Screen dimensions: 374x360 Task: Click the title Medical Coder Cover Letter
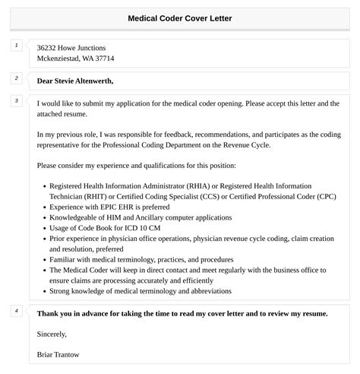tap(180, 17)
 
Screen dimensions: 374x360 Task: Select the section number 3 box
tap(16, 101)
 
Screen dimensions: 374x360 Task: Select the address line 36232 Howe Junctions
tap(71, 48)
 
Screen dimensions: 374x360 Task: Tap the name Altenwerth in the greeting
tap(93, 80)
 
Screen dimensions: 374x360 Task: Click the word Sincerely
tap(52, 334)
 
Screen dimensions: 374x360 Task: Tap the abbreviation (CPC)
tap(321, 195)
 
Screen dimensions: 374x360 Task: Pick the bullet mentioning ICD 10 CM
tap(104, 227)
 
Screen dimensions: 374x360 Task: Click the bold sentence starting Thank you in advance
tap(182, 312)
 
